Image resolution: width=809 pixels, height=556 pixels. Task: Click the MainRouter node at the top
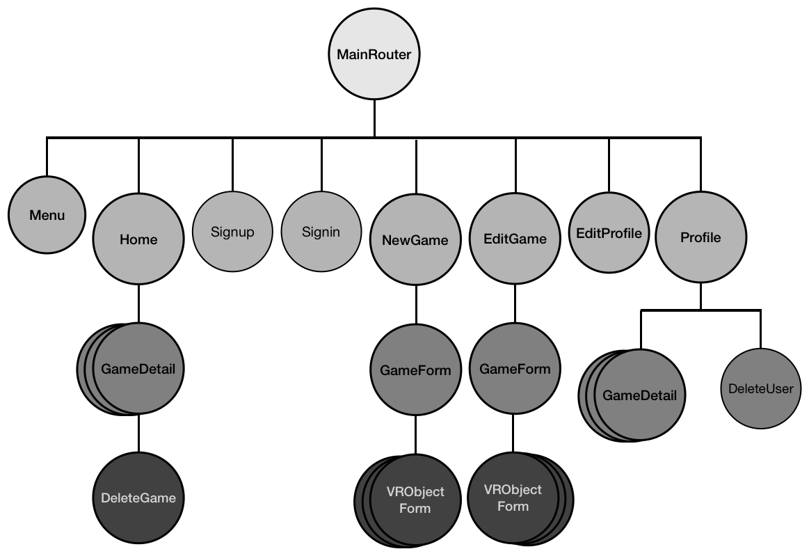point(374,55)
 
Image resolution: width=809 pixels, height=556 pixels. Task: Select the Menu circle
point(47,215)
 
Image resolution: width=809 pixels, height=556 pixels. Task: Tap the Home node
point(138,239)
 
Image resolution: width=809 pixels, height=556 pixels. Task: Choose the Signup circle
point(232,232)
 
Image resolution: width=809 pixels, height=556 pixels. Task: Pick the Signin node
point(321,232)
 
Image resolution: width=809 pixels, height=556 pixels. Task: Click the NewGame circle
point(415,239)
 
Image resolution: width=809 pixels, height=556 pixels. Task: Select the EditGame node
point(515,239)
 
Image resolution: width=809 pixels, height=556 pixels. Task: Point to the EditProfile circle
point(609,232)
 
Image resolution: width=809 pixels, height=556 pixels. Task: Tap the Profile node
point(700,238)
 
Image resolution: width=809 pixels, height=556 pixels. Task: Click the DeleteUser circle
point(760,388)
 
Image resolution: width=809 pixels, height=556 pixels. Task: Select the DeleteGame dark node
point(138,498)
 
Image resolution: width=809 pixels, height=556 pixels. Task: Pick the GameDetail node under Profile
point(639,396)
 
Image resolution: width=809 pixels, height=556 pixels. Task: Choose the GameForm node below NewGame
point(415,370)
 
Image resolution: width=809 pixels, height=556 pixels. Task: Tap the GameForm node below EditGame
point(515,369)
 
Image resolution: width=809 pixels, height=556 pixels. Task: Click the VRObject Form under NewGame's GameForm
point(415,500)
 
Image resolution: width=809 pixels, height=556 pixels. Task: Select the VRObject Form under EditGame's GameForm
point(513,498)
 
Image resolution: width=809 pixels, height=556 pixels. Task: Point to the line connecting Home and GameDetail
point(138,303)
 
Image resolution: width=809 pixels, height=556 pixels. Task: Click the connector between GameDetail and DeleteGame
point(138,434)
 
